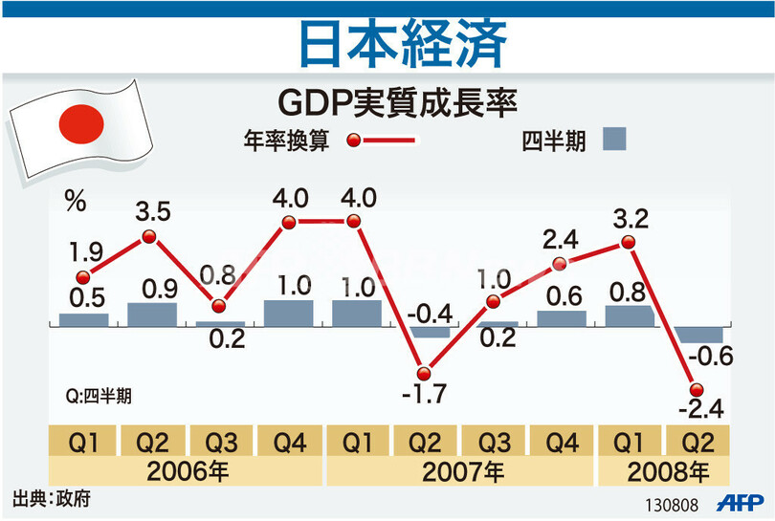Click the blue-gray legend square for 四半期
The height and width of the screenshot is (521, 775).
[614, 140]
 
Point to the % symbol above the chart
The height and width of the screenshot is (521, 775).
[76, 202]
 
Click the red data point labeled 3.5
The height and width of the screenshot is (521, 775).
[149, 236]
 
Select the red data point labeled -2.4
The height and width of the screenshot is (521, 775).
[697, 389]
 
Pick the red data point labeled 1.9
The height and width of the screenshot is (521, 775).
[82, 277]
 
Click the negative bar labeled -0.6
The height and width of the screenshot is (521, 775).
[697, 335]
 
